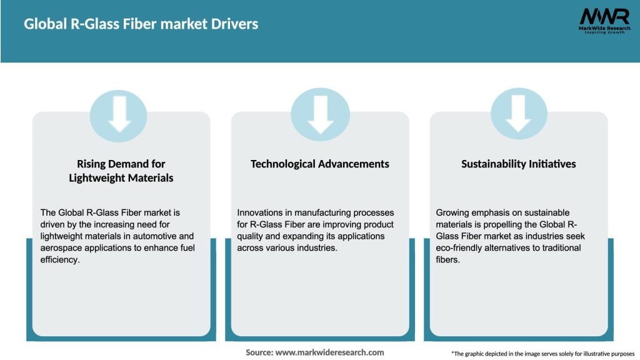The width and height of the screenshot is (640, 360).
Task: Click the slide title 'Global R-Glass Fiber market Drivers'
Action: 141,24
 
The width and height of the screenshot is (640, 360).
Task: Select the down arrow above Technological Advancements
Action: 320,115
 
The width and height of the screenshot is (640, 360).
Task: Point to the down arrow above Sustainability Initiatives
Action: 518,115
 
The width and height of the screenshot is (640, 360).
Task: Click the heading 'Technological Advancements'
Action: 320,164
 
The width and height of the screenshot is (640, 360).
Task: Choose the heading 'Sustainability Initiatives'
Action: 518,164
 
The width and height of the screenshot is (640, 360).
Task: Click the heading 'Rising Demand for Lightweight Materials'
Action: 121,171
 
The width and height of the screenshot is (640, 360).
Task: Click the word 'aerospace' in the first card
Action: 61,247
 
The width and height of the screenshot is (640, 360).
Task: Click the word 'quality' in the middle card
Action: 251,236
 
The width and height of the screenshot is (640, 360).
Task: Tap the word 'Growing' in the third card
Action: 454,213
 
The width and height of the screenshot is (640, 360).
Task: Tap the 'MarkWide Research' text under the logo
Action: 603,28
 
